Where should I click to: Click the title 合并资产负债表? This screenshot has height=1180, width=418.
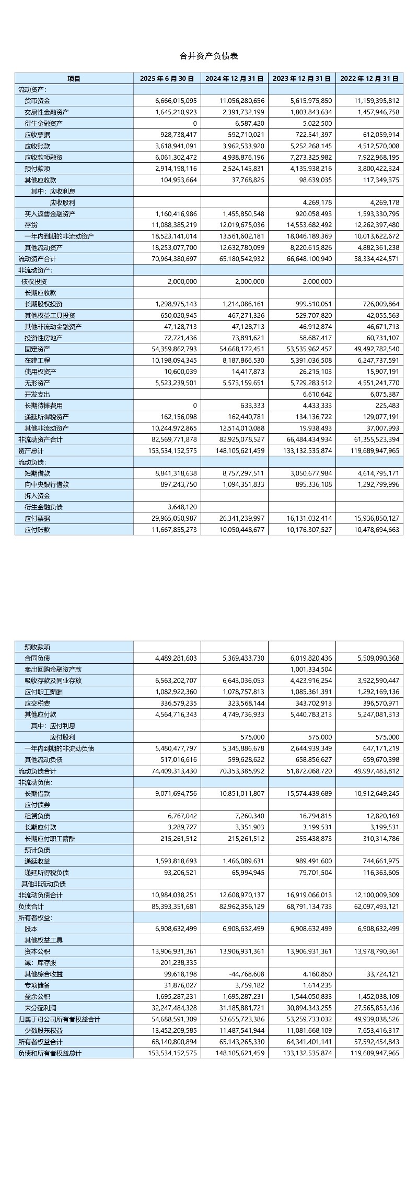[208, 56]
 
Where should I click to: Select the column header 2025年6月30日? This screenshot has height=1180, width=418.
[167, 78]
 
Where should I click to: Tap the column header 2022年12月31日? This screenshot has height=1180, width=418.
[369, 78]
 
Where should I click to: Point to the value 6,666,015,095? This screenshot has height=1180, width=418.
[176, 101]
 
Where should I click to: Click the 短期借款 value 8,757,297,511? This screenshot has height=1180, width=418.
[239, 473]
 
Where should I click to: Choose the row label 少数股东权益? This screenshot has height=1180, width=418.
[43, 1031]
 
